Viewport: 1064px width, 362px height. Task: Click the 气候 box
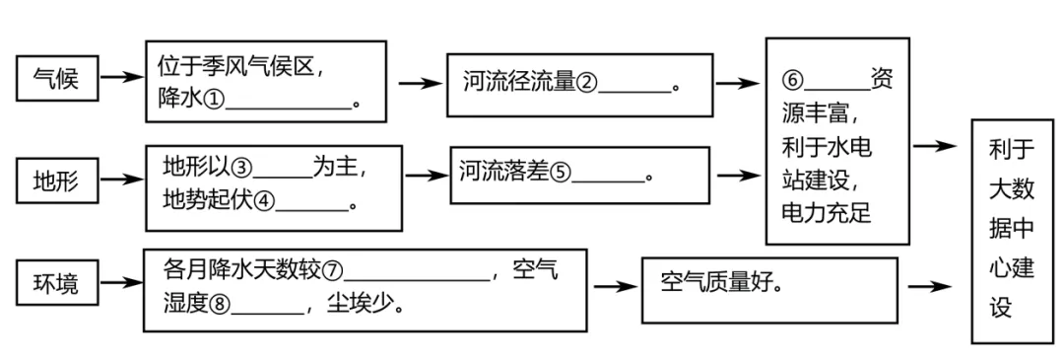coord(59,78)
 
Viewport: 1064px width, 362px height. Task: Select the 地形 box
coord(59,181)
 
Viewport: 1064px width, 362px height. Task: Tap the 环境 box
coord(59,284)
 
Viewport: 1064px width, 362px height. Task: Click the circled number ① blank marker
coord(216,102)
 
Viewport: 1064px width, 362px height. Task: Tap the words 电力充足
coord(826,212)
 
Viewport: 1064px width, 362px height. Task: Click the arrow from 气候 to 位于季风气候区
coord(121,77)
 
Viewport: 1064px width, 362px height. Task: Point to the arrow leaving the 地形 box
coord(121,181)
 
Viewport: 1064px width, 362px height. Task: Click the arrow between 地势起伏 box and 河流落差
coord(427,176)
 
